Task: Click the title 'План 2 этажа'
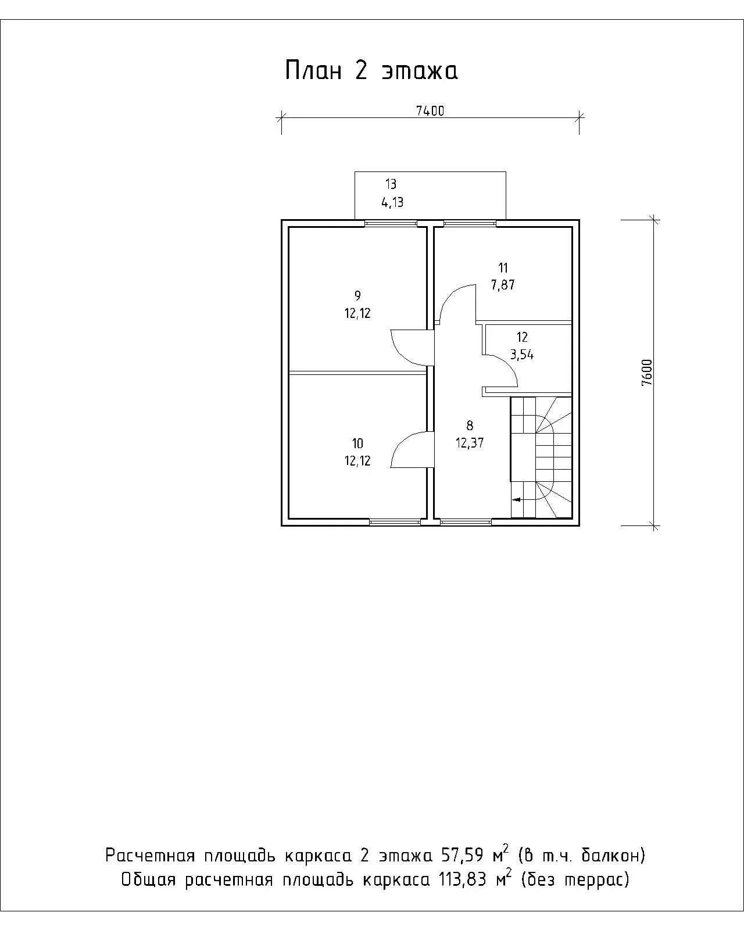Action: pos(371,70)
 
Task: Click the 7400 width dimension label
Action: pos(430,111)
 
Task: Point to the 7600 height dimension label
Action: pos(647,373)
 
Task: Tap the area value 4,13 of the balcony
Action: pos(392,202)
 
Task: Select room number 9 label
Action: pos(357,296)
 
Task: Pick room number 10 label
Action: pos(357,443)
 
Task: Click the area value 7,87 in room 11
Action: pos(503,285)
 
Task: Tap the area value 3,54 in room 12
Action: pos(522,355)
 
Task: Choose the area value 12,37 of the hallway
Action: pos(470,443)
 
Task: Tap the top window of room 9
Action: pos(391,223)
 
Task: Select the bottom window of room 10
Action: pos(395,522)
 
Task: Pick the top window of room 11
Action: pos(470,223)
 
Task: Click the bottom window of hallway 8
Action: pos(466,522)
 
